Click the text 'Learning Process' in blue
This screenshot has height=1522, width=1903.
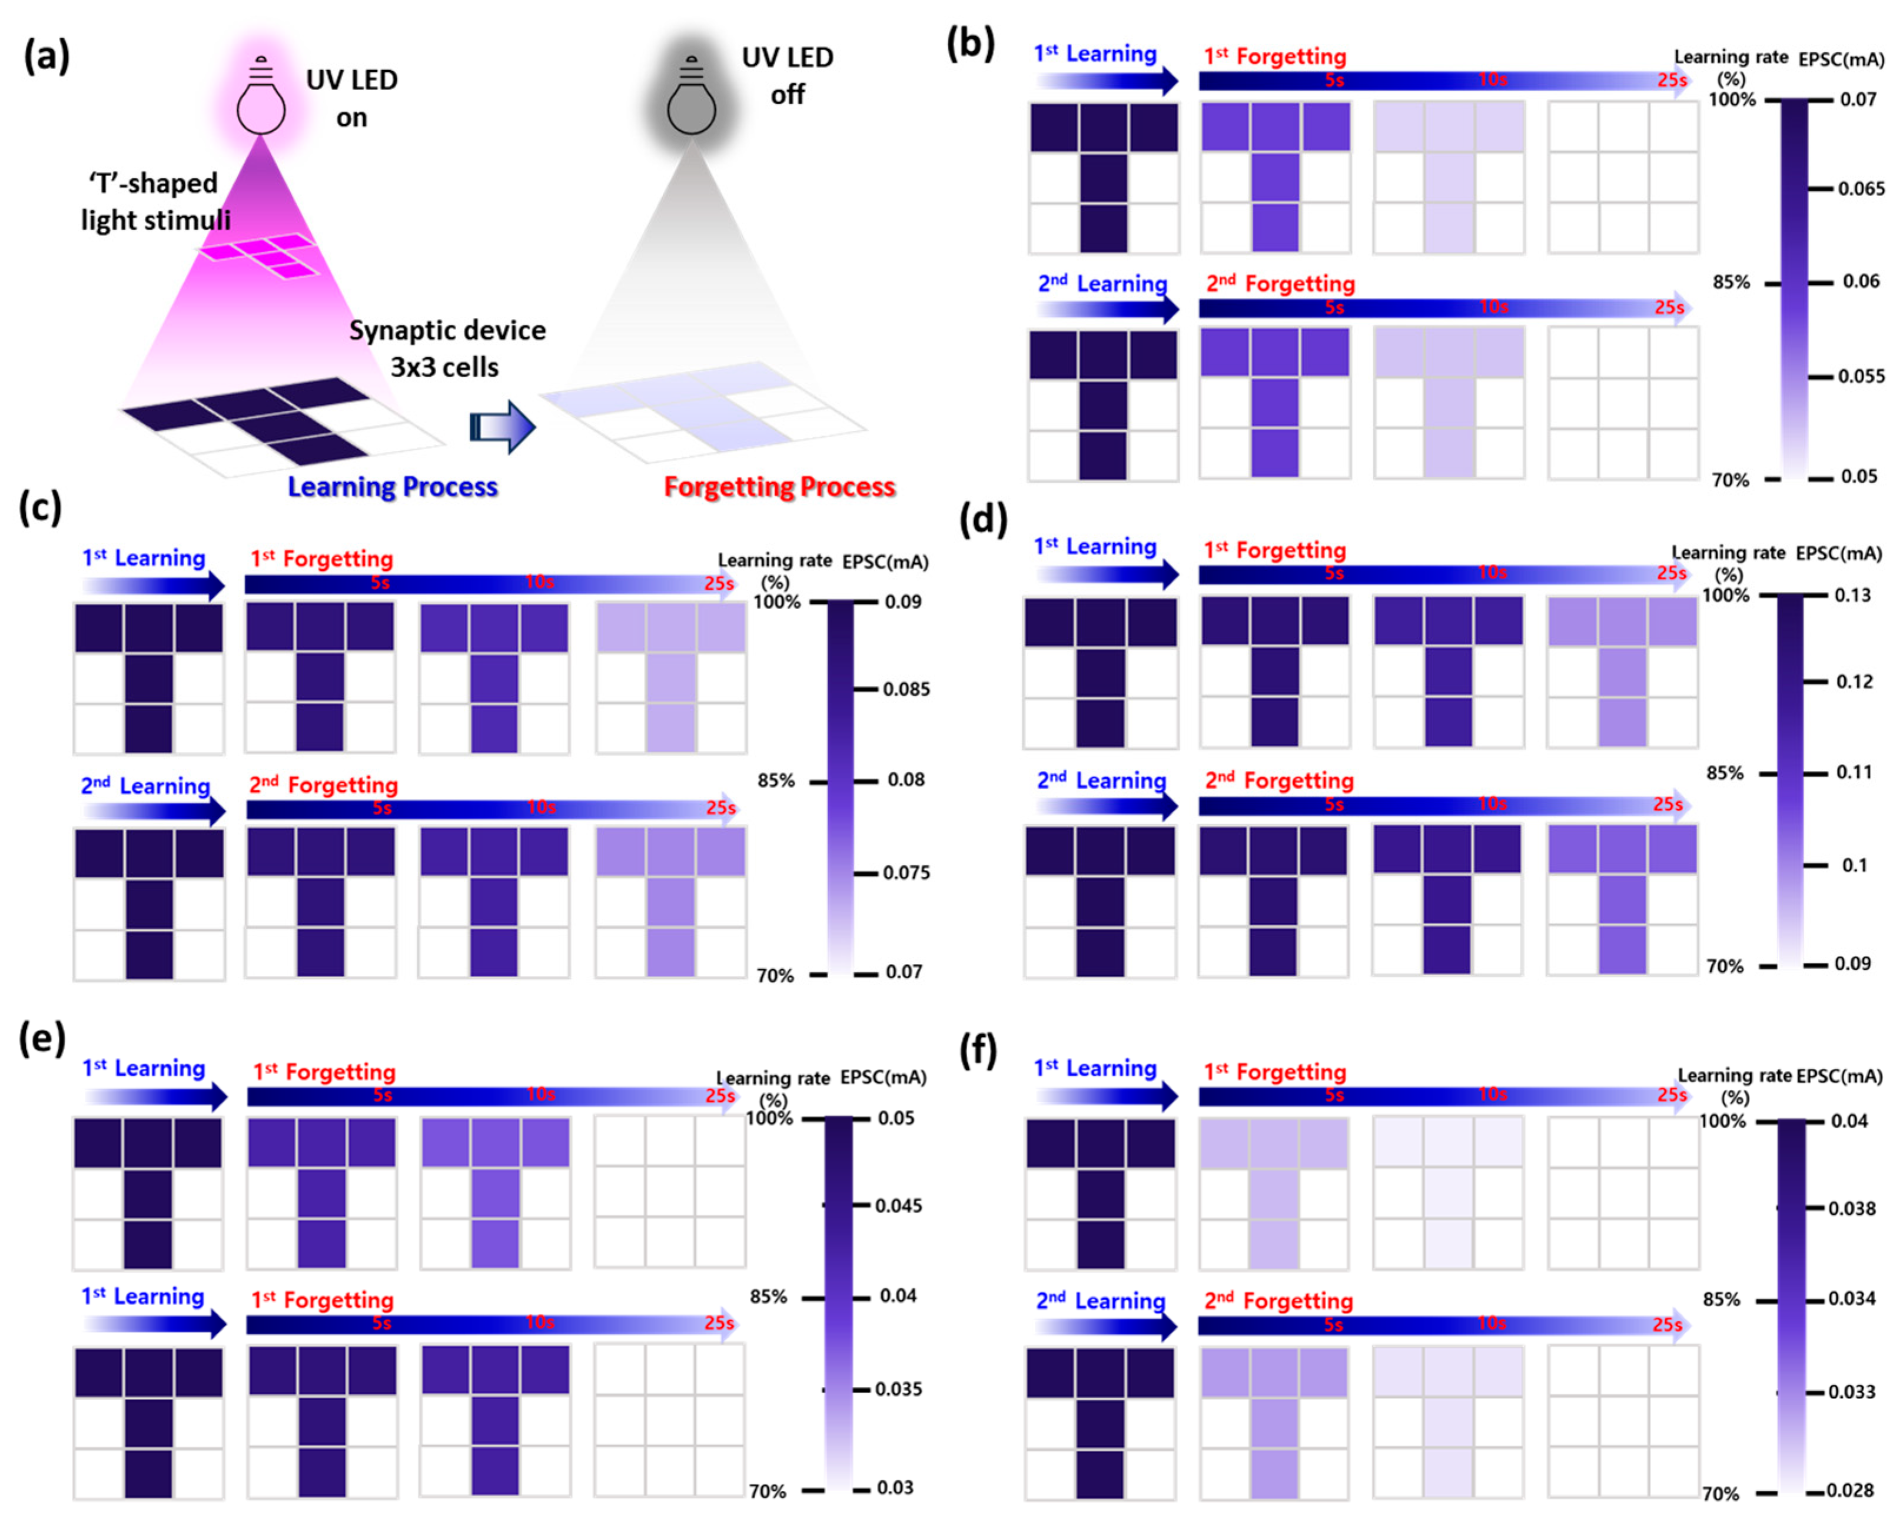[x=393, y=487]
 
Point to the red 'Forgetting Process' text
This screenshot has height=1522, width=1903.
[x=779, y=487]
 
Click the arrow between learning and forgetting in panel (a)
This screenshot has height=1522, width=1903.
[x=502, y=427]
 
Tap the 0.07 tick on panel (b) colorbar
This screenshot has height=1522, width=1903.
[x=1858, y=99]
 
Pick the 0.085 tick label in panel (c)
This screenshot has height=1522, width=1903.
[x=906, y=689]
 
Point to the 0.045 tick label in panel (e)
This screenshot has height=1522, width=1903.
[x=899, y=1206]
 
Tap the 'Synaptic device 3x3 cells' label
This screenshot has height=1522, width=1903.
[x=447, y=348]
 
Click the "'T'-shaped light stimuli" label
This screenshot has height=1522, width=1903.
[x=155, y=201]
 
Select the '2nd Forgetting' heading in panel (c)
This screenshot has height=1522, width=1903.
[x=323, y=785]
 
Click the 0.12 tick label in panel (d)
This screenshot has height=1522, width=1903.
[x=1854, y=682]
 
